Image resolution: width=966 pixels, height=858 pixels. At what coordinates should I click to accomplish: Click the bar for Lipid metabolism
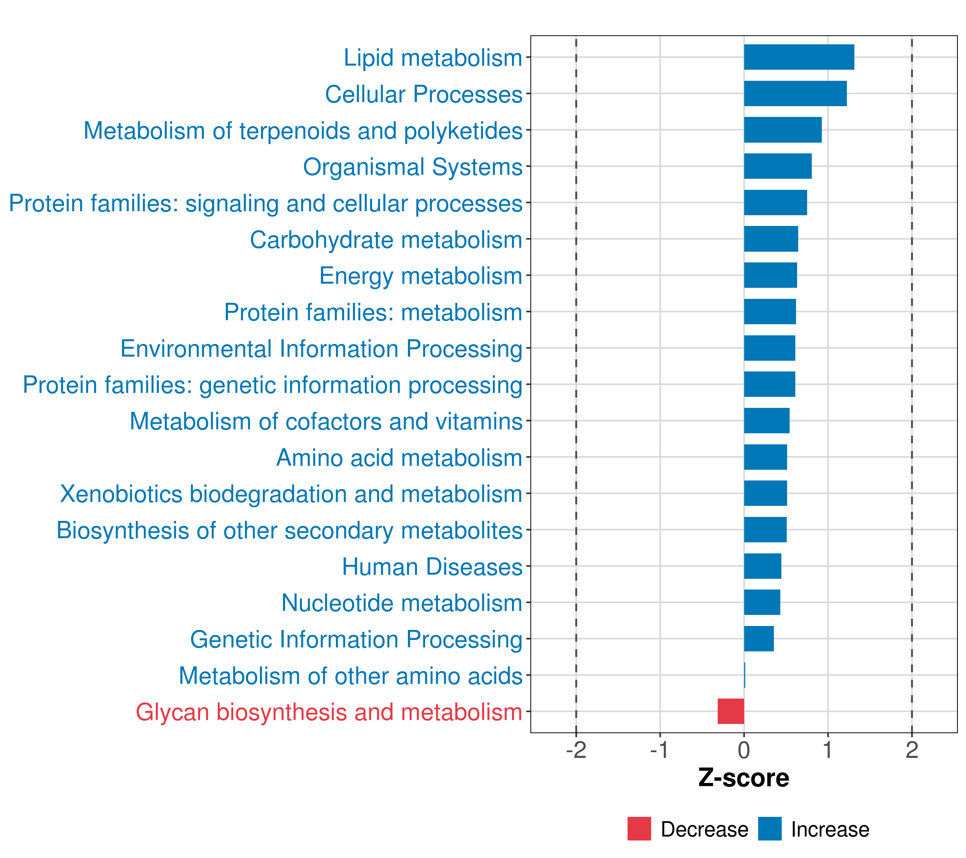pos(799,57)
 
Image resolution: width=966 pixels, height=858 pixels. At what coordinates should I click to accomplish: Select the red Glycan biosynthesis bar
pos(731,711)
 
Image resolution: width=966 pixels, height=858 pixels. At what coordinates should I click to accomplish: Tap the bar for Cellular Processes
pos(795,94)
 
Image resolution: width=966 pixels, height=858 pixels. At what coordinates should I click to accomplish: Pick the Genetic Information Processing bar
pos(758,638)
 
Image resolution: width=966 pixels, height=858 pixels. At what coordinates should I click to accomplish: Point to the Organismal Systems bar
pos(777,166)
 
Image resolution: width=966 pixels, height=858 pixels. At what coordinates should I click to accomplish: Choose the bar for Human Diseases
pos(762,566)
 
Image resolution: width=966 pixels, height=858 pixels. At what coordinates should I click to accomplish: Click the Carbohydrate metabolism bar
pos(771,239)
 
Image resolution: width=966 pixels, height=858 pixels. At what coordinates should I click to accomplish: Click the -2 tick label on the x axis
pos(576,750)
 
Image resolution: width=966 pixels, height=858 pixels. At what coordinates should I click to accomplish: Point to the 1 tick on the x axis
pos(828,750)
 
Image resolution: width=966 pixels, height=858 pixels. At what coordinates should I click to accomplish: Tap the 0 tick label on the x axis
pos(744,750)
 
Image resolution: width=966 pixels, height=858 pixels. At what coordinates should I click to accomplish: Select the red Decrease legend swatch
pos(639,829)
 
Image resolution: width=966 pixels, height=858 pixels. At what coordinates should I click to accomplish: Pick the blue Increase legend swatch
pos(769,829)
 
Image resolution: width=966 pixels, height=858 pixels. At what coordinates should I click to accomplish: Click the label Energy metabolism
pos(421,276)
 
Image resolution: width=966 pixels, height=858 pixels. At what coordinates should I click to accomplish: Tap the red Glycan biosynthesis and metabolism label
pos(329,712)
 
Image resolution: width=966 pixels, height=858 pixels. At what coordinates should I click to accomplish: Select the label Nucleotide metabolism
pos(402,603)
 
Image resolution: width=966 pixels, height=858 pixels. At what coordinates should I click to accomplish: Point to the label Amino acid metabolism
pos(399,458)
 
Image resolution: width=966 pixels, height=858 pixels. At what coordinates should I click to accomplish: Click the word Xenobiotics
pos(121,494)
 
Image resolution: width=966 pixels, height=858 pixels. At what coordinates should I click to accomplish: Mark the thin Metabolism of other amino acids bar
pos(744,675)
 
